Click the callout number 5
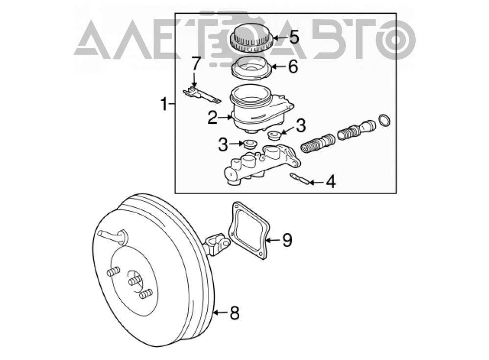pos(293,37)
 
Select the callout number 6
pos(292,67)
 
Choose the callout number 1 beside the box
pos(164,104)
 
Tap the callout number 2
pos(213,118)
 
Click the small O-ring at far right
pos(384,120)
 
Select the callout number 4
pos(330,181)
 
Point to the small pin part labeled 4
pos(299,179)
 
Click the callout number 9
pos(287,240)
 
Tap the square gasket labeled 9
pos(248,231)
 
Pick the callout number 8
pos(235,313)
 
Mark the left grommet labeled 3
pos(250,144)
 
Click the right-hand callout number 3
pos(301,125)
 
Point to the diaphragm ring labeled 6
pos(251,68)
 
